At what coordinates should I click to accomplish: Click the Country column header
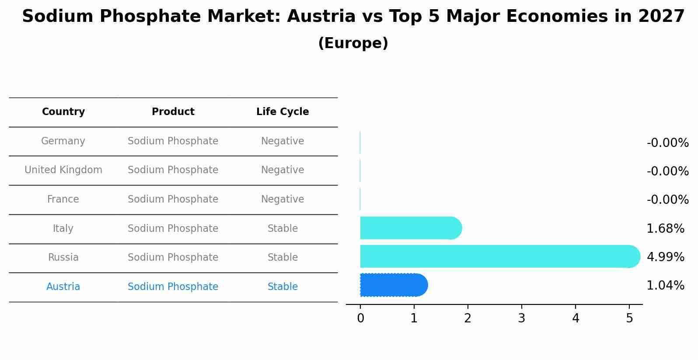(63, 112)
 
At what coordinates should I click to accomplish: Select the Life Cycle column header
(283, 112)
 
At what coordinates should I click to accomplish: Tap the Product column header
(173, 112)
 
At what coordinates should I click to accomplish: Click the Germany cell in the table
(63, 141)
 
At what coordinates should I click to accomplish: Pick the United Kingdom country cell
(63, 170)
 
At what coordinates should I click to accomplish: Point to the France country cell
(63, 199)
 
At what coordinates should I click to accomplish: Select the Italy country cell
(63, 229)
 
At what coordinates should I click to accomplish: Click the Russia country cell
(63, 258)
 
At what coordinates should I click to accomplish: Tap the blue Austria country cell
(63, 287)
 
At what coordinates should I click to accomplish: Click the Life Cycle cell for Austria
(283, 287)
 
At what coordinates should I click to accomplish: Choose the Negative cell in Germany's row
(283, 141)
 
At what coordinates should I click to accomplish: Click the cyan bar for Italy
(410, 228)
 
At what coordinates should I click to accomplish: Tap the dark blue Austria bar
(393, 285)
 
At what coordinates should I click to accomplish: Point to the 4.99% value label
(665, 257)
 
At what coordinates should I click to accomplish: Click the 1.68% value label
(665, 229)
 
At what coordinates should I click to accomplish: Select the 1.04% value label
(665, 286)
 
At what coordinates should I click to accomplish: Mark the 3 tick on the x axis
(522, 318)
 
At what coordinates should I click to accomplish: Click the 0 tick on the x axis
(360, 318)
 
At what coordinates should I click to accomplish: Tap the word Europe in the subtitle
(353, 43)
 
